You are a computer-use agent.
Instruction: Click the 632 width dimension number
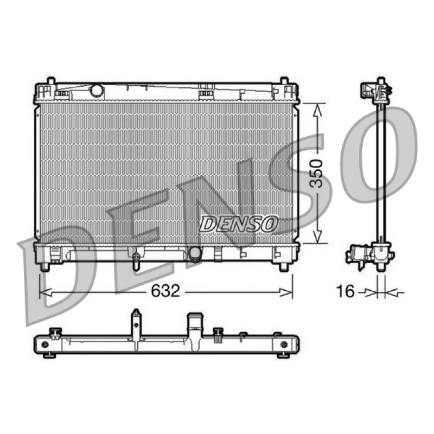[165, 291]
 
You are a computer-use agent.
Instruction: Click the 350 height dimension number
[316, 174]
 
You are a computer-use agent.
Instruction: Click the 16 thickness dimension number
[345, 291]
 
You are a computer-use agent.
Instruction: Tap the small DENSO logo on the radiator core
[238, 224]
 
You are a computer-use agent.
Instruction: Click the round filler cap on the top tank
[97, 90]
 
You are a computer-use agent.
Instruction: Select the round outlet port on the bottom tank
[195, 253]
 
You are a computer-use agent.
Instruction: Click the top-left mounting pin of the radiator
[51, 80]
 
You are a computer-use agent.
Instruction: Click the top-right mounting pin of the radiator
[284, 80]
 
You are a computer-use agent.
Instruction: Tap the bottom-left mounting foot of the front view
[44, 266]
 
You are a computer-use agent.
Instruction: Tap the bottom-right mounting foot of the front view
[283, 266]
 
